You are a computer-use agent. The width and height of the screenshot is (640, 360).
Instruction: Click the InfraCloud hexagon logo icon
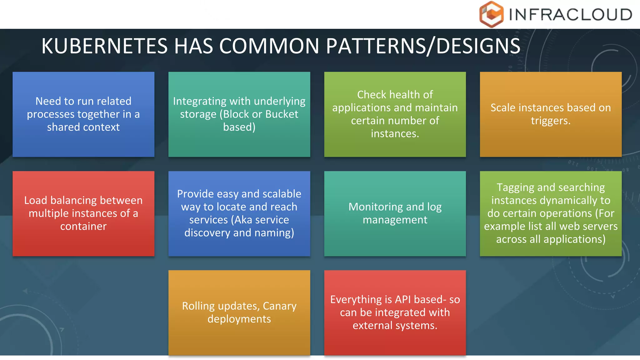491,14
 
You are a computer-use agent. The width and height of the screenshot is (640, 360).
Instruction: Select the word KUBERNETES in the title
105,46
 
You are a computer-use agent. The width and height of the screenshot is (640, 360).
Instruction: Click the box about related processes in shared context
83,114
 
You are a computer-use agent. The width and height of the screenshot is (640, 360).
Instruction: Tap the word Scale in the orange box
503,108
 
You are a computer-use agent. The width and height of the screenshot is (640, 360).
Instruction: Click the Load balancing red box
83,213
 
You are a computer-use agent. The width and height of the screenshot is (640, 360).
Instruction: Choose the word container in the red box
83,226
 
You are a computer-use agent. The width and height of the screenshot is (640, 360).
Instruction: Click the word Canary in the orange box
279,306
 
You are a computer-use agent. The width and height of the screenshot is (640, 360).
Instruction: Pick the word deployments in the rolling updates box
239,319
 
